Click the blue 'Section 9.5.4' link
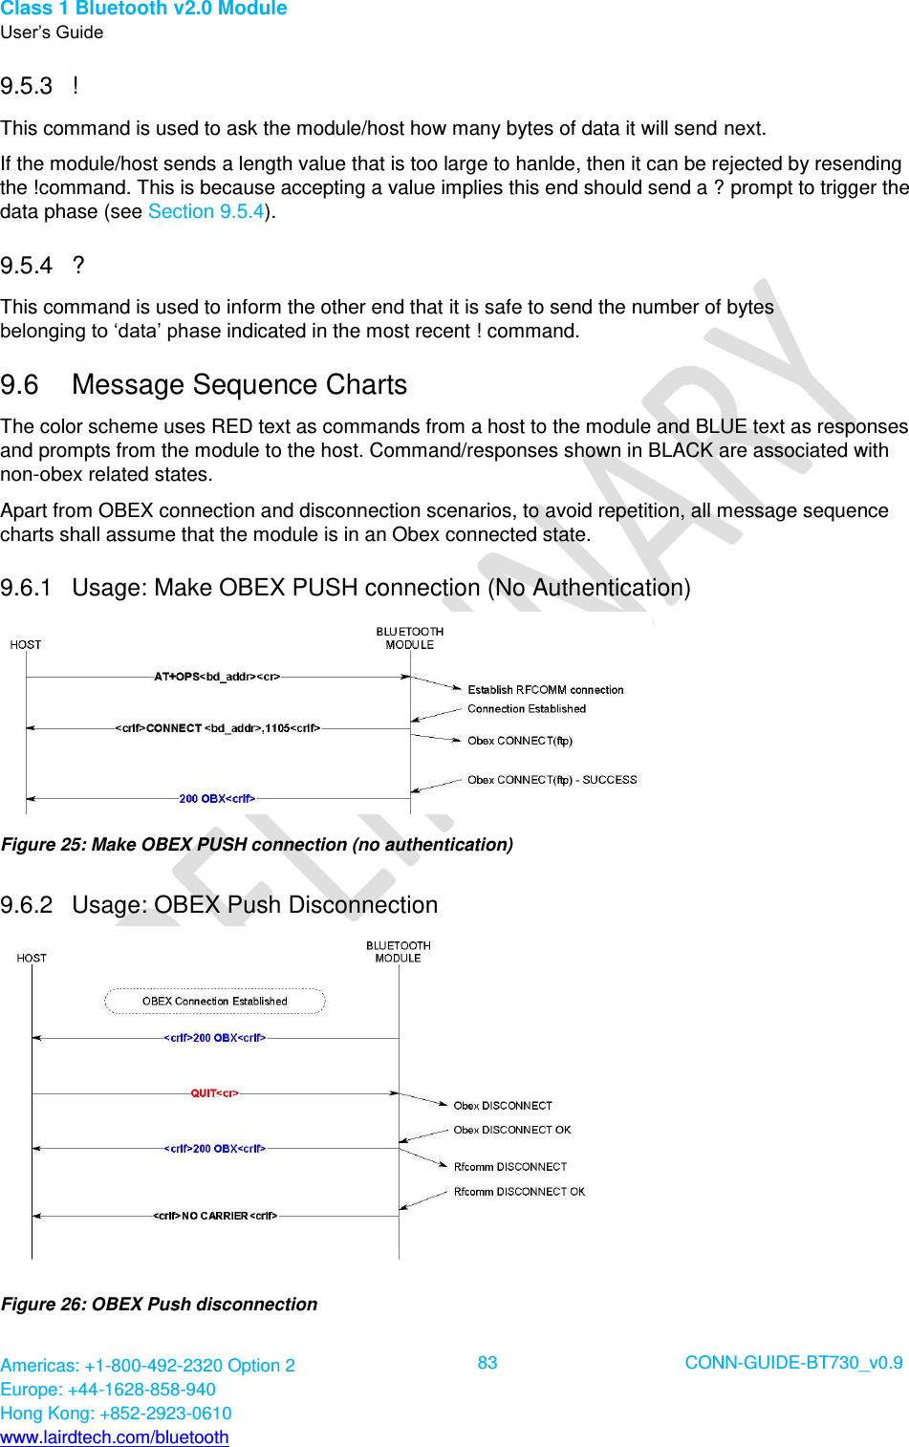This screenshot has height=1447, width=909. [x=206, y=212]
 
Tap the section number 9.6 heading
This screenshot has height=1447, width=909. [x=20, y=385]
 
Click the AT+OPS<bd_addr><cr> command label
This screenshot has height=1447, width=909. [x=217, y=677]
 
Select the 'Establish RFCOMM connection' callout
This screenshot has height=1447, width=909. [x=545, y=690]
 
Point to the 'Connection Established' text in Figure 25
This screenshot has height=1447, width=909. [x=526, y=709]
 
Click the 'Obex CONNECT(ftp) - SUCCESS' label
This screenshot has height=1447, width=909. [x=552, y=780]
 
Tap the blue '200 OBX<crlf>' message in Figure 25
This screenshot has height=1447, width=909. [x=217, y=799]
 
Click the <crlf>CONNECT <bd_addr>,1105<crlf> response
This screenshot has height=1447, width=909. [x=217, y=728]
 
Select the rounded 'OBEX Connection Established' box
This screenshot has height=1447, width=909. [x=214, y=1002]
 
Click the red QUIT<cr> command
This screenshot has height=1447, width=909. [x=214, y=1093]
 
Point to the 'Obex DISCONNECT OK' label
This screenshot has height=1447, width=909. [x=511, y=1130]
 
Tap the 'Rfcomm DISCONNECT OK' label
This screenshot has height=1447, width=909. [x=519, y=1192]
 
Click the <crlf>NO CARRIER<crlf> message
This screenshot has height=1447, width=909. [x=215, y=1216]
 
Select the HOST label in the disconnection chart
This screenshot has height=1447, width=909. [x=32, y=958]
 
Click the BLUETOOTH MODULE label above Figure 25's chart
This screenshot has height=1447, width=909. [x=409, y=638]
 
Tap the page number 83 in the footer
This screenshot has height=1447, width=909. [x=487, y=1363]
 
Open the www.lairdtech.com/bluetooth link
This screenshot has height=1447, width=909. [x=115, y=1437]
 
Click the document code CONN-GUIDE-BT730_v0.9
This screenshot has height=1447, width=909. [x=793, y=1363]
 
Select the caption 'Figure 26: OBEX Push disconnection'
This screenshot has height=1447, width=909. [x=160, y=1305]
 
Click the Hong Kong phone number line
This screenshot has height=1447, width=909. [x=116, y=1414]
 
